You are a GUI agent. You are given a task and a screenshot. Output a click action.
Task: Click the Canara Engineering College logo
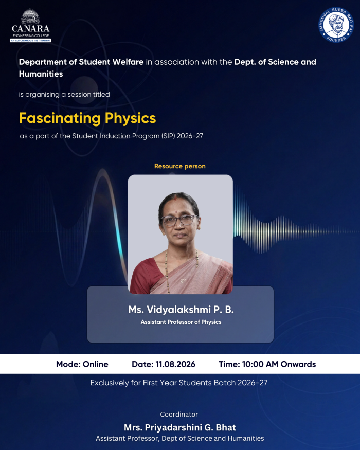[x=30, y=26]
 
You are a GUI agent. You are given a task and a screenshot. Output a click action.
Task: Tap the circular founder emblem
[x=336, y=25]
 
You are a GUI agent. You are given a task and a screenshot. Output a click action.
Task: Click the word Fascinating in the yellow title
[x=60, y=118]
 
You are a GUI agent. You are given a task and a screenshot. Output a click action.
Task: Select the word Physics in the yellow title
[x=130, y=118]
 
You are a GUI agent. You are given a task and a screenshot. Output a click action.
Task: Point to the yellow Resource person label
[x=179, y=166]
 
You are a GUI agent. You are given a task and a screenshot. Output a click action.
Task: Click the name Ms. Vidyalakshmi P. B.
[x=181, y=310]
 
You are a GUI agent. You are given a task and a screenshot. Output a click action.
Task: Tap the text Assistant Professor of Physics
[x=181, y=322]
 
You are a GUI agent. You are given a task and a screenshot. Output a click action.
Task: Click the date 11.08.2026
[x=175, y=364]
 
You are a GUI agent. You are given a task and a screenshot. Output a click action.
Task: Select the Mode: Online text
[x=82, y=364]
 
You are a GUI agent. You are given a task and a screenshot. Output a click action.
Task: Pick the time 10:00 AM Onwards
[x=279, y=364]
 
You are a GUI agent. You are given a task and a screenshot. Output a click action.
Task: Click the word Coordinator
[x=179, y=415]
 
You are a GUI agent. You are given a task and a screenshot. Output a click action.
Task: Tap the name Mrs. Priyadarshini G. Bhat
[x=180, y=427]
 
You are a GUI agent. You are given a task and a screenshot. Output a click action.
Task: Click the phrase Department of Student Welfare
[x=81, y=62]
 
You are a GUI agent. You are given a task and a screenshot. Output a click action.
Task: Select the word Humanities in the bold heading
[x=41, y=74]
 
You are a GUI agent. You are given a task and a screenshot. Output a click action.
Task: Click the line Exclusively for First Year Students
[x=179, y=383]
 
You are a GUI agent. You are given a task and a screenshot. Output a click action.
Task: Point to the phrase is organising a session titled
[x=64, y=95]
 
